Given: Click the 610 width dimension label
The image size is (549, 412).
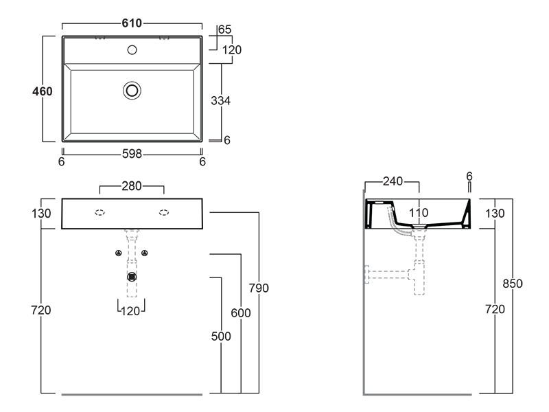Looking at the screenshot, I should click(132, 24).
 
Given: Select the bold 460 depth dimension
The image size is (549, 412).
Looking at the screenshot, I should click(43, 91).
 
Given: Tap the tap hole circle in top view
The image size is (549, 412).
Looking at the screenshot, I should click(132, 49).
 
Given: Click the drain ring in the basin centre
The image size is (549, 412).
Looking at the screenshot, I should click(132, 90).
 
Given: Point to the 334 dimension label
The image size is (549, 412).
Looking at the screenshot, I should click(220, 101).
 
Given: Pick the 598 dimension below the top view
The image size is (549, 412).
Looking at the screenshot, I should click(132, 154).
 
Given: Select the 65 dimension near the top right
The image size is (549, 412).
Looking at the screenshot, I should click(224, 30).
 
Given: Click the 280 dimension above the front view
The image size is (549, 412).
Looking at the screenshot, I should click(132, 186).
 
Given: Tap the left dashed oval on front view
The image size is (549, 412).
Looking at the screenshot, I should click(100, 212).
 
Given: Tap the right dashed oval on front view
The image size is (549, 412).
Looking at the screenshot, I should click(165, 212).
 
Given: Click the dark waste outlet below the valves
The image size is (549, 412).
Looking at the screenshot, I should click(132, 277).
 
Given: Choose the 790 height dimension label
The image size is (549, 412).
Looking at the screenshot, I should click(259, 288).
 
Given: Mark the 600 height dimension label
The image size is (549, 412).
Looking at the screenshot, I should click(241, 313).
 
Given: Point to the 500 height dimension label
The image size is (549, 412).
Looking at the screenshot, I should click(221, 336).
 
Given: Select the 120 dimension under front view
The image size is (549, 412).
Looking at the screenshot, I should click(131, 310).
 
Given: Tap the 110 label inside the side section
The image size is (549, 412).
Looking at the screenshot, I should click(419, 213).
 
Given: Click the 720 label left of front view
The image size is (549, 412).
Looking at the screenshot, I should click(42, 310).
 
